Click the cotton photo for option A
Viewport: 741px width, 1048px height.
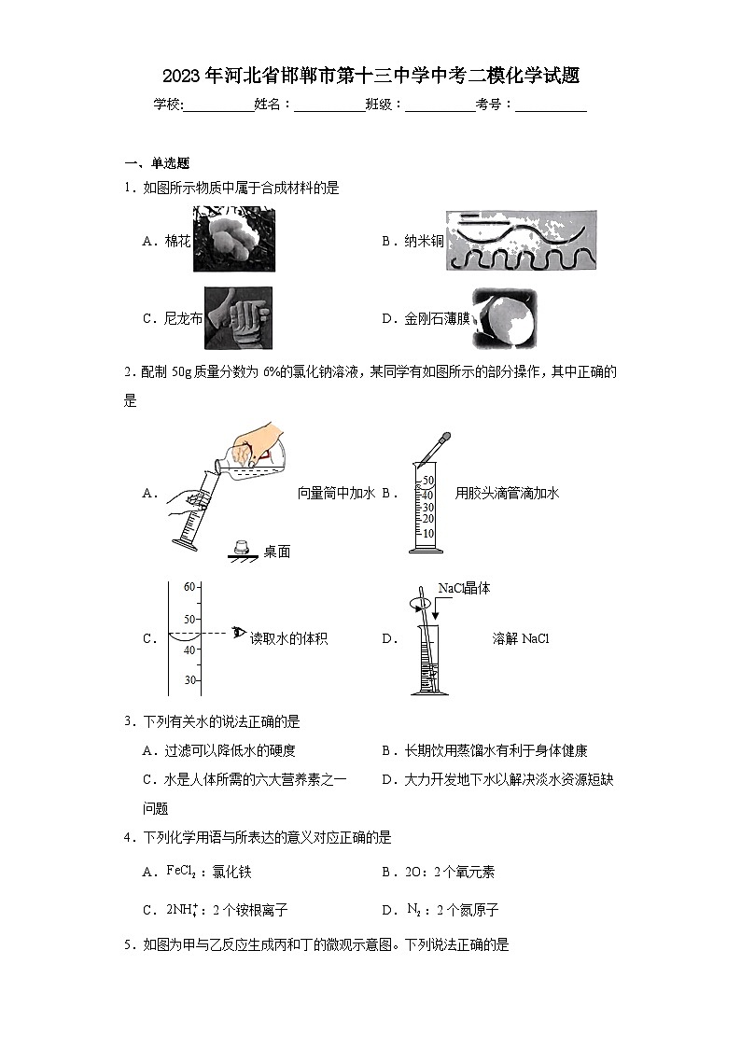click(x=233, y=240)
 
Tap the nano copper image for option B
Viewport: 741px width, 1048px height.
click(x=521, y=241)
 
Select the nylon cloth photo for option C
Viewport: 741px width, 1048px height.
click(x=238, y=317)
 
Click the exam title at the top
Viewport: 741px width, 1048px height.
click(x=370, y=75)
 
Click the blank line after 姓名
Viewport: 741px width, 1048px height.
click(x=329, y=105)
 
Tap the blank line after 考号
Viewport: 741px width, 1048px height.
click(x=551, y=105)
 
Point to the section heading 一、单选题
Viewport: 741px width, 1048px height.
click(x=157, y=162)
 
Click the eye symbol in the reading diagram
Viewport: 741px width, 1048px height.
click(x=239, y=634)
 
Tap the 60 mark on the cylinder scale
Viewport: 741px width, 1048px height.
click(x=189, y=587)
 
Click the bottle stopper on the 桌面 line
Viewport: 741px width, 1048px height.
click(x=243, y=547)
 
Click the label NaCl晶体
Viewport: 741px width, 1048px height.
click(x=464, y=589)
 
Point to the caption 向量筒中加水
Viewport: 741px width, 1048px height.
click(x=336, y=494)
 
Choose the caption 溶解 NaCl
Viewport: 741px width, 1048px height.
click(x=521, y=639)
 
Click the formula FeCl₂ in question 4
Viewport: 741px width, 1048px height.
click(x=182, y=872)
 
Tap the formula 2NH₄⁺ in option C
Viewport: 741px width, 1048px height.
click(x=183, y=910)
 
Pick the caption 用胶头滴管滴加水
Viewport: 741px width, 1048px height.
click(x=507, y=494)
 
